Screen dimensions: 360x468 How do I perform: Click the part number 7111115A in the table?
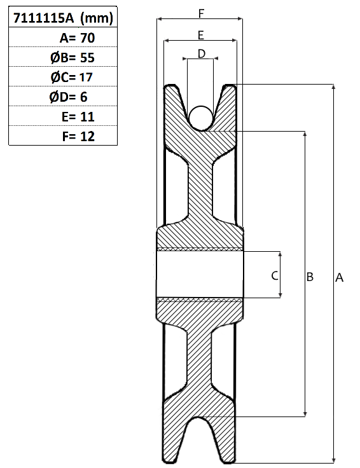43,18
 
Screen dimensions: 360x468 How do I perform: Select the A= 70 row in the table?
78,38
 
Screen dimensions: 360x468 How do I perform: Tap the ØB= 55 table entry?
73,58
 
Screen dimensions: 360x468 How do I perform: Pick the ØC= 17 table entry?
72,78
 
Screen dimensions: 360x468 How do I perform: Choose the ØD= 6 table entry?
68,97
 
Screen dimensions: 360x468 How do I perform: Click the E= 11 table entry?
78,117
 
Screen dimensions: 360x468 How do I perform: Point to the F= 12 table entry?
78,137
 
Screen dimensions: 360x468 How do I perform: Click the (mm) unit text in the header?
97,18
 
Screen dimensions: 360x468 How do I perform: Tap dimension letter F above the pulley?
202,13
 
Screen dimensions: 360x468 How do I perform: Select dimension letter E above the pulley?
201,35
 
